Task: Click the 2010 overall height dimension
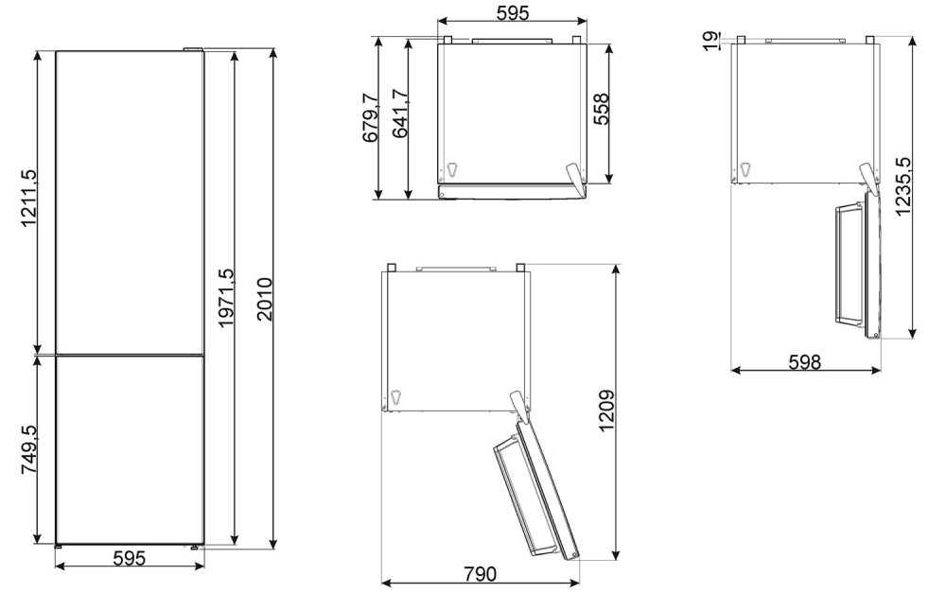[265, 299]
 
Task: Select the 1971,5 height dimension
[226, 299]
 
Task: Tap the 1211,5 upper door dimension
[29, 199]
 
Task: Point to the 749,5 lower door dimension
[29, 449]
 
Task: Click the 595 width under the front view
[130, 558]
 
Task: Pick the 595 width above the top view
[513, 12]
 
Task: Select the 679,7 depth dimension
[370, 118]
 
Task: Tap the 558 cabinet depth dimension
[601, 109]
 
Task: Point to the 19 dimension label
[712, 41]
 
